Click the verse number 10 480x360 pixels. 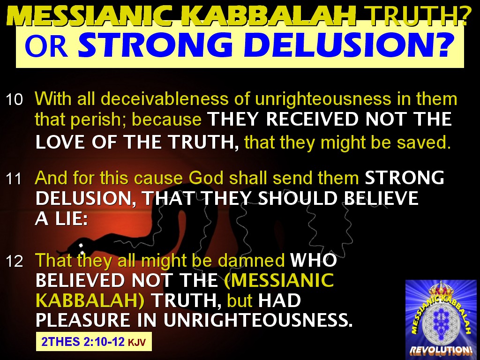(x=15, y=99)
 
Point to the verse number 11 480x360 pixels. (x=15, y=179)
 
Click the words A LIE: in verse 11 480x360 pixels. (x=61, y=219)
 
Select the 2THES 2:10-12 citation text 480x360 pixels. (x=82, y=342)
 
